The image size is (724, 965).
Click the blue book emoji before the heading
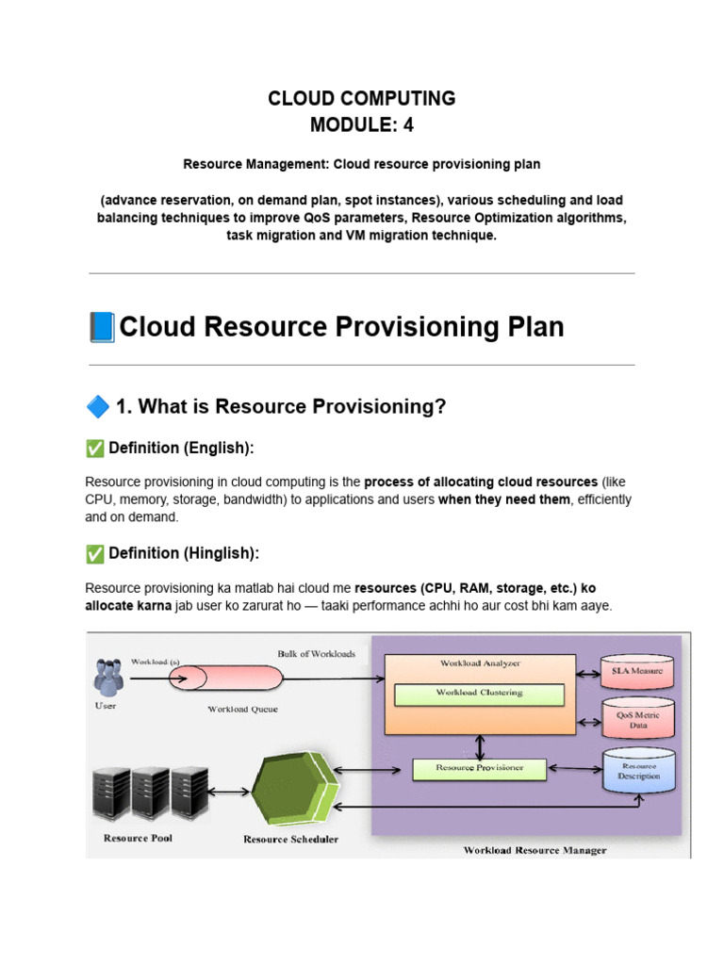(x=100, y=327)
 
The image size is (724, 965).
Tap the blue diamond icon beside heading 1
(x=97, y=407)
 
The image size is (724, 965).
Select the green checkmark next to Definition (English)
(x=94, y=448)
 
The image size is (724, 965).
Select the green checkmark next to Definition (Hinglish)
(x=94, y=553)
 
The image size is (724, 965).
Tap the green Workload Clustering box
(x=478, y=694)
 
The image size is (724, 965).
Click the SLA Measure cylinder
(x=638, y=670)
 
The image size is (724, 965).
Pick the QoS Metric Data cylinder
(x=638, y=719)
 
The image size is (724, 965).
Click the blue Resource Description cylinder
(x=638, y=770)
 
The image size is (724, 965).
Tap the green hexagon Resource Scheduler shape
(x=292, y=788)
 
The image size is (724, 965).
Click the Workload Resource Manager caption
(x=535, y=849)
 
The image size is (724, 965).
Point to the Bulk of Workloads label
(x=317, y=653)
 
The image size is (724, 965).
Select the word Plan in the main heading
(x=534, y=327)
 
